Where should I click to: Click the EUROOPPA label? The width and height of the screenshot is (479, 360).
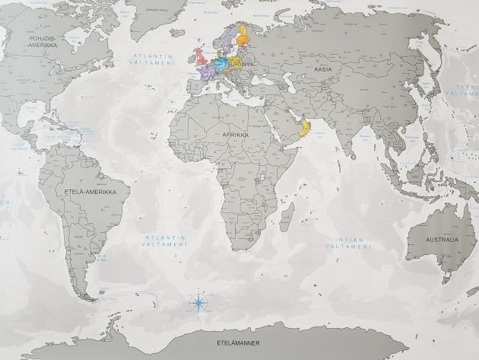pos(239,65)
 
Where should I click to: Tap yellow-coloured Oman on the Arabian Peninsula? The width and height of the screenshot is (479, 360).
pos(306,126)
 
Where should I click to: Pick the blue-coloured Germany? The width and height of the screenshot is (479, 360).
pos(222,63)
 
